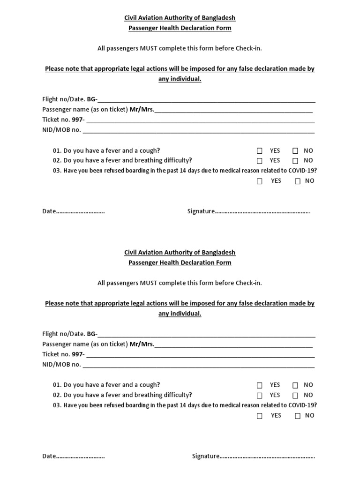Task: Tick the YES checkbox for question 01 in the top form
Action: (260, 151)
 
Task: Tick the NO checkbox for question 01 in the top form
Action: (295, 151)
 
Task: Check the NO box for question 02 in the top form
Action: (295, 161)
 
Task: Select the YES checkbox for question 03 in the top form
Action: (260, 181)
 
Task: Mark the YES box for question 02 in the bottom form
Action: (260, 395)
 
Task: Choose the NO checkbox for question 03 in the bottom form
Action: (298, 416)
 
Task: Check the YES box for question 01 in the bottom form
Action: (260, 385)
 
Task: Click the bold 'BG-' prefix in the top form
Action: (92, 99)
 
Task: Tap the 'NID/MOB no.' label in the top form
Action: (61, 129)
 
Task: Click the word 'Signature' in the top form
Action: (201, 211)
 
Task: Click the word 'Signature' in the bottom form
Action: (205, 456)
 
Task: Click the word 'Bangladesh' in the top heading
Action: (219, 18)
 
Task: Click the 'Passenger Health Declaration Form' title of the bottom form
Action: (180, 262)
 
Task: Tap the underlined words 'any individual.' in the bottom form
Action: (180, 314)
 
